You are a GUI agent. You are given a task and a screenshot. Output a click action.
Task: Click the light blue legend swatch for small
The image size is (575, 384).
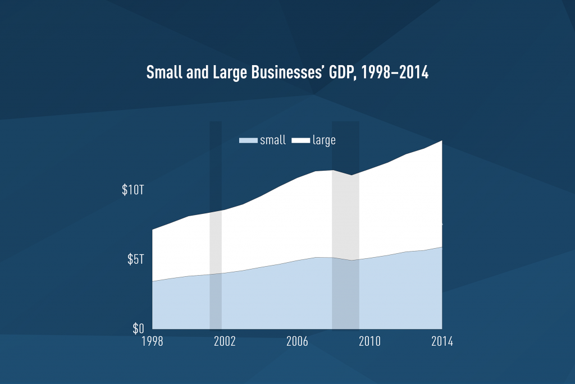point(248,140)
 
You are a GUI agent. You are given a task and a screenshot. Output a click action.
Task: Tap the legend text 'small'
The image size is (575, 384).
point(272,140)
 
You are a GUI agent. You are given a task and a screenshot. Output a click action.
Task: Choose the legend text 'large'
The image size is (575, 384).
point(324,140)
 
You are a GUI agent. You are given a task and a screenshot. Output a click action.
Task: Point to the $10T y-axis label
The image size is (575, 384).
point(133,190)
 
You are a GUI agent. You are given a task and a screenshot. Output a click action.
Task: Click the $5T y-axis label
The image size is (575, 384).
point(135,259)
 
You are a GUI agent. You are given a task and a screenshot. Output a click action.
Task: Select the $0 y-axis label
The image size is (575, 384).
point(138,328)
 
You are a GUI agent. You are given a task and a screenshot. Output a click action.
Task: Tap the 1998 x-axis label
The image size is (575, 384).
point(153,342)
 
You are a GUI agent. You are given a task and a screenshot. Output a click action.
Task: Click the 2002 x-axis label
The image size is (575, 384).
point(225,342)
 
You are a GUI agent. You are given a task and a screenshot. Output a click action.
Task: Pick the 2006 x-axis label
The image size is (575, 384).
point(296,342)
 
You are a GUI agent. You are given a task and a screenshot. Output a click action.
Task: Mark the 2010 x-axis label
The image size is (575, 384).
point(369,342)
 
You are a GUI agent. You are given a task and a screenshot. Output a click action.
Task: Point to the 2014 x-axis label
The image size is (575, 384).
point(441,342)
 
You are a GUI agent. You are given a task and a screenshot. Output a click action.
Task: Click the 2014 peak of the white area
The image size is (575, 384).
point(441,141)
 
